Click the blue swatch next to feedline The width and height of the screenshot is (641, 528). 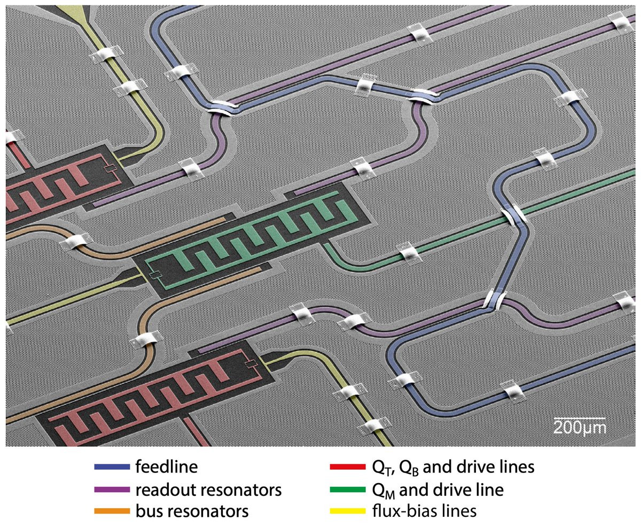pyautogui.click(x=112, y=467)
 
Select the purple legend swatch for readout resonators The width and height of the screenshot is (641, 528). pyautogui.click(x=112, y=490)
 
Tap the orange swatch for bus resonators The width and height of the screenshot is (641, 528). pyautogui.click(x=112, y=511)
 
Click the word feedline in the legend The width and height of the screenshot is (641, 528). pyautogui.click(x=167, y=467)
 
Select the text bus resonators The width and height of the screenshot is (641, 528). pyautogui.click(x=192, y=511)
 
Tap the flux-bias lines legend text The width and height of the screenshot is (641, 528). pyautogui.click(x=425, y=511)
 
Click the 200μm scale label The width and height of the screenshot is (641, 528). pyautogui.click(x=579, y=428)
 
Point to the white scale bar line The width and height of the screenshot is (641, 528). pyautogui.click(x=579, y=418)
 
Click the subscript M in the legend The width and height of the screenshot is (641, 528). pyautogui.click(x=393, y=493)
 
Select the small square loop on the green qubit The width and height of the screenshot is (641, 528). pyautogui.click(x=155, y=276)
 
